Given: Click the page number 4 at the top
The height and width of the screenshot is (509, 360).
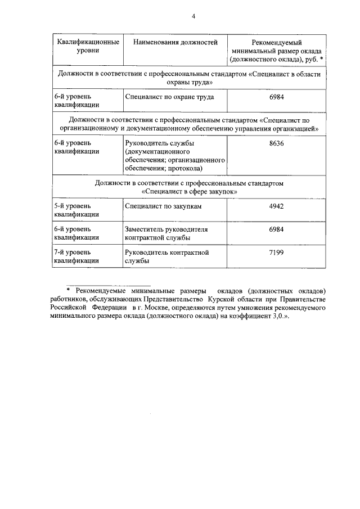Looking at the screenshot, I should pyautogui.click(x=193, y=17).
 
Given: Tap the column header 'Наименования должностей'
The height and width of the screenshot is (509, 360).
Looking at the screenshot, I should pyautogui.click(x=175, y=42).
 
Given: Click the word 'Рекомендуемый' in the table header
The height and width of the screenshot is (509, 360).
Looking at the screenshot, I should pyautogui.click(x=276, y=42).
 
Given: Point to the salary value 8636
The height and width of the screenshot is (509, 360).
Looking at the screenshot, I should pyautogui.click(x=276, y=143).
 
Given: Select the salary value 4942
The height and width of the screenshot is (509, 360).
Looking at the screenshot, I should pyautogui.click(x=276, y=206).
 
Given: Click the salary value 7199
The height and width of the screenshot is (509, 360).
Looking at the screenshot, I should pyautogui.click(x=276, y=253).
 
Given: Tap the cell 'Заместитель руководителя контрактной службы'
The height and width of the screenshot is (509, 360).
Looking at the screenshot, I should pyautogui.click(x=166, y=233).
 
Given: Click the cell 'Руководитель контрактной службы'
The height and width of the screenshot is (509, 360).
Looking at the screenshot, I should pyautogui.click(x=166, y=257).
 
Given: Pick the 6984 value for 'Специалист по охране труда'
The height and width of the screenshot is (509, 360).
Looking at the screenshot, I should pyautogui.click(x=276, y=97).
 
